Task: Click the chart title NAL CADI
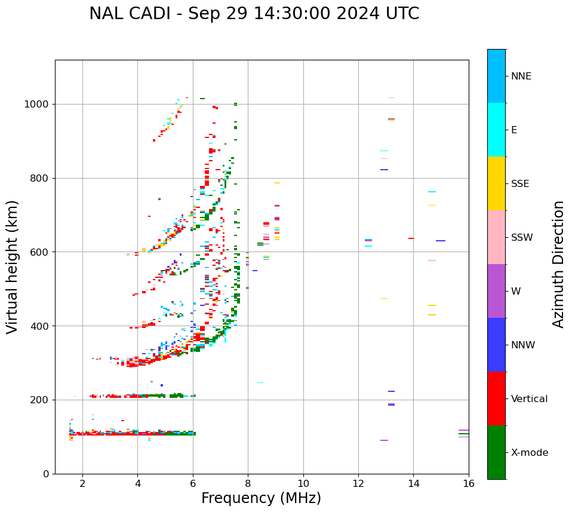254,14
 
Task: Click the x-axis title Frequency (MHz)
261,498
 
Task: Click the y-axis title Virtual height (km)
13,267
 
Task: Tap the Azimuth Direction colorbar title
558,264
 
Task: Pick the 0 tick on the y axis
46,474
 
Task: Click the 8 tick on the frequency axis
248,483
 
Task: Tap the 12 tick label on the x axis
358,483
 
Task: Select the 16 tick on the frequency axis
469,483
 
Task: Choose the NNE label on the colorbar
521,76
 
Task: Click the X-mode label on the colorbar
529,453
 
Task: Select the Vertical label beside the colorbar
529,399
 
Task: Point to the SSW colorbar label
521,238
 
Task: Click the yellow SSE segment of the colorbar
496,183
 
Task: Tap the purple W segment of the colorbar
496,291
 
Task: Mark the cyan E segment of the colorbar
496,130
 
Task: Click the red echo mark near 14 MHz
411,238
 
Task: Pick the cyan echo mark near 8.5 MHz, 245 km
260,382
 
